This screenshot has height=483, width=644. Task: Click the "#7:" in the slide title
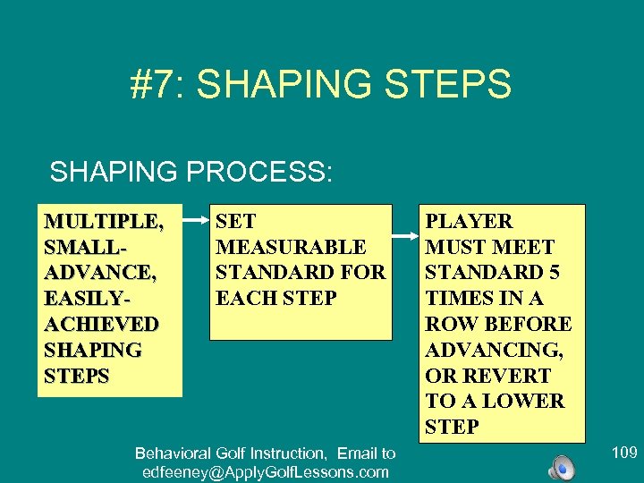157,84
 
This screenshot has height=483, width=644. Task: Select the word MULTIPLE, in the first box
104,221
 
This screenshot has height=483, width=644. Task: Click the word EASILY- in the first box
83,298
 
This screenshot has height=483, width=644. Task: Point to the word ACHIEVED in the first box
102,324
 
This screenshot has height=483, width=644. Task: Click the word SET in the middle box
236,221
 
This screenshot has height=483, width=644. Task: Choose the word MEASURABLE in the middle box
291,247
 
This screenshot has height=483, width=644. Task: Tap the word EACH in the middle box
245,298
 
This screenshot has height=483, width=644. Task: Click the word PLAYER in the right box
469,221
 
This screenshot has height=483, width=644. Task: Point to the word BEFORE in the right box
529,324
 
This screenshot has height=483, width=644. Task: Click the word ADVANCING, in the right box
494,350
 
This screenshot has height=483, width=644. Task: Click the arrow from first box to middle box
195,217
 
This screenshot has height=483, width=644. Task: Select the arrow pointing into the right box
406,237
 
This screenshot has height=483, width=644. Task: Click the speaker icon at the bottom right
562,466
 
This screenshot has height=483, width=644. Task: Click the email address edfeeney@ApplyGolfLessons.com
265,472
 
